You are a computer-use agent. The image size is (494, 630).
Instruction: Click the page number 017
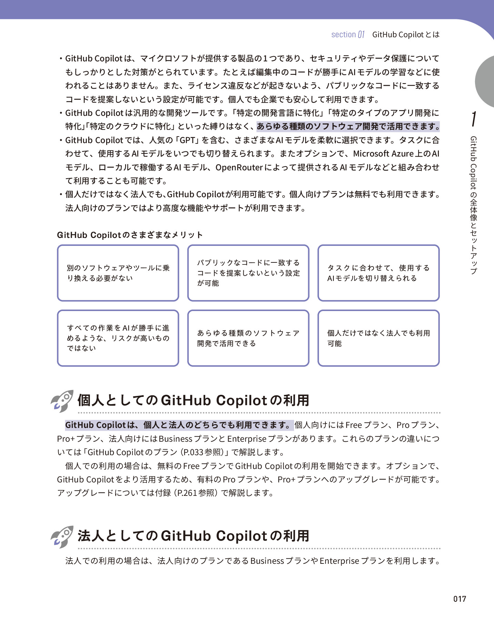[460, 599]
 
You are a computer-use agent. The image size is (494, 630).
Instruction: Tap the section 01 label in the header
[347, 34]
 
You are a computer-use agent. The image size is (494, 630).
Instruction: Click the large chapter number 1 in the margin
[474, 119]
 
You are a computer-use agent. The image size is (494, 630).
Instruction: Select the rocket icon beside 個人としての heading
[62, 401]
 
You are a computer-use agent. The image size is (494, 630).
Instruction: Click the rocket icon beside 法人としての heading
[62, 537]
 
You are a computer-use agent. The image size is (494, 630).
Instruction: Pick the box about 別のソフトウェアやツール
[118, 273]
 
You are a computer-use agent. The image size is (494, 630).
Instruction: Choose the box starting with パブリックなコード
[248, 273]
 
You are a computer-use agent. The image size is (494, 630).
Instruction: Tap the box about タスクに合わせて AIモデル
[379, 273]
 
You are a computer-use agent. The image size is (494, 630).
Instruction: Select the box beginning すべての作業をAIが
[118, 338]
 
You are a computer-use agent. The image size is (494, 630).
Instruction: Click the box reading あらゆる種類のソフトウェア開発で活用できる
[248, 338]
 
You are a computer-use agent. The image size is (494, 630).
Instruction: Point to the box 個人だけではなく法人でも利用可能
[379, 338]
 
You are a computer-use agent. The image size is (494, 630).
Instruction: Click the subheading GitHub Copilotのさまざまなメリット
[130, 235]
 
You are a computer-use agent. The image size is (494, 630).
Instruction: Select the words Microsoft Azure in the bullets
[383, 154]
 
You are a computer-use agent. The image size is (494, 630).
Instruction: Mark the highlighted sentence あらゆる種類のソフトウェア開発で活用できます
[348, 127]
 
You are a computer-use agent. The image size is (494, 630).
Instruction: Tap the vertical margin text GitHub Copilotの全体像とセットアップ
[474, 205]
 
